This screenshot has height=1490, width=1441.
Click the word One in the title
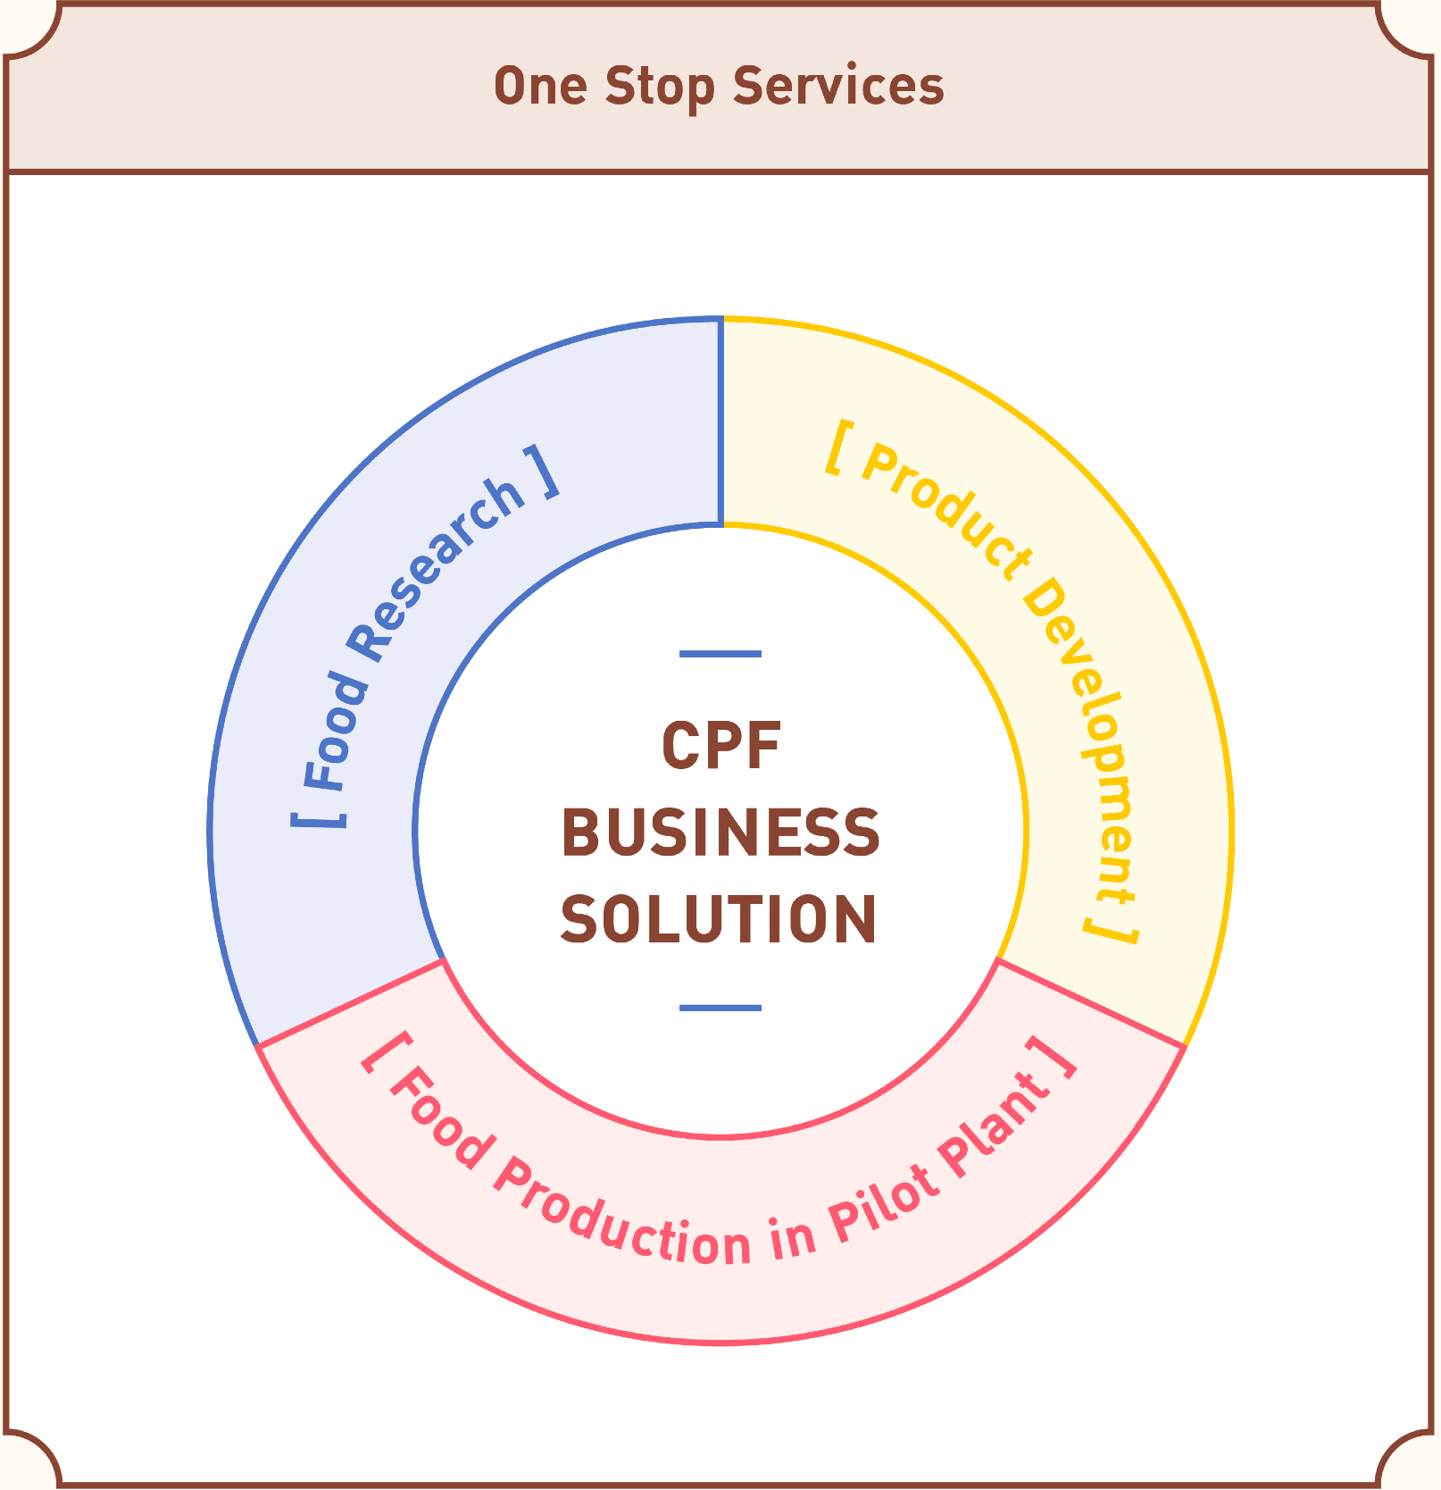(x=540, y=87)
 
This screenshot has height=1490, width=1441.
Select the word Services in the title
(x=837, y=87)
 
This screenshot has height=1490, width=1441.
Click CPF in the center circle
(x=720, y=746)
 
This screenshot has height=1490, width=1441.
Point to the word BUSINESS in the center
(x=720, y=833)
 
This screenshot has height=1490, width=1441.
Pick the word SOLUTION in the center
(x=719, y=919)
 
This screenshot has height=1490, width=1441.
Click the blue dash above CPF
(x=720, y=654)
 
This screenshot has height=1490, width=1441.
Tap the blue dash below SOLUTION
(x=720, y=1008)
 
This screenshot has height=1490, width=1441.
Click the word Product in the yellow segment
(x=946, y=514)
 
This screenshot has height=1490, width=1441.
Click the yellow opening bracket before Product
(x=837, y=448)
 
